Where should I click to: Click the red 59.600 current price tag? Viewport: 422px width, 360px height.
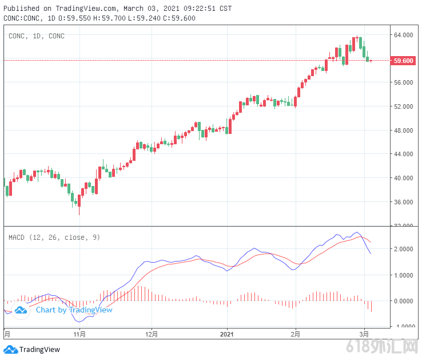click(404, 60)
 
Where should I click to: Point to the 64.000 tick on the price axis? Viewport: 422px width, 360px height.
click(403, 35)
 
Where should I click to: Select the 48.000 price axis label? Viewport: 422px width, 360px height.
click(403, 130)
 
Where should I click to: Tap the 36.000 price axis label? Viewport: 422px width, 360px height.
click(403, 202)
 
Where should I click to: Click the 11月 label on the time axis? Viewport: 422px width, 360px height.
click(79, 334)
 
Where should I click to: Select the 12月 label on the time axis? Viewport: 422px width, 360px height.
click(152, 334)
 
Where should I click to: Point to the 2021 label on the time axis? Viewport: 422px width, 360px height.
click(228, 334)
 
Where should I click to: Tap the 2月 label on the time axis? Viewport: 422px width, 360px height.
click(295, 334)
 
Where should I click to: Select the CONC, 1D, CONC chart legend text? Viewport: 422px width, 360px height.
click(37, 36)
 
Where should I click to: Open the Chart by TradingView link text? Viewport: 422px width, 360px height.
click(74, 310)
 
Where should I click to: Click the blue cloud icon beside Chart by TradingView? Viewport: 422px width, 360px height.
click(21, 310)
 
